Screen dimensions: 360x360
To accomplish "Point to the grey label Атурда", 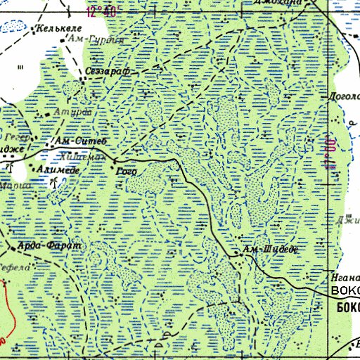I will pyautogui.click(x=70, y=112).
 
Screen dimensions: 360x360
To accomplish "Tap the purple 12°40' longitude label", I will pyautogui.click(x=101, y=12).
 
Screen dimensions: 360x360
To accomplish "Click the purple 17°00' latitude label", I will pyautogui.click(x=328, y=152).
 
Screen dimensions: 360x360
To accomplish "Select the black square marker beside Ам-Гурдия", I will pyautogui.click(x=63, y=39).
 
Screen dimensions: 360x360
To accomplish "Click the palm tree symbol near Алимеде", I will pyautogui.click(x=54, y=182).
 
